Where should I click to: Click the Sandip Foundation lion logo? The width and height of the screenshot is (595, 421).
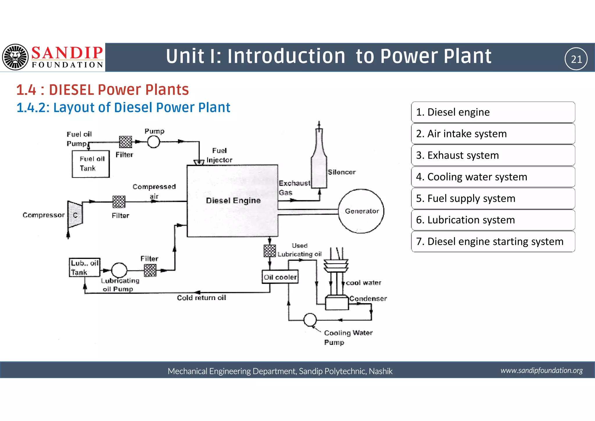[x=15, y=57]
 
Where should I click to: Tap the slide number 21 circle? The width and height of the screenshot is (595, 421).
[x=576, y=59]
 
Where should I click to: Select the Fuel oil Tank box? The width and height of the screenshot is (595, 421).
[x=91, y=164]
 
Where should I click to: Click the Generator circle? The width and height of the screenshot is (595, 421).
[x=361, y=211]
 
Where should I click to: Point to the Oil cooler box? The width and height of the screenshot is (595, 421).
[x=280, y=277]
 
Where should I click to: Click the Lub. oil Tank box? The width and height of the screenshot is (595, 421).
[x=84, y=267]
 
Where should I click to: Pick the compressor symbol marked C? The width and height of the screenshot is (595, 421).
[x=75, y=215]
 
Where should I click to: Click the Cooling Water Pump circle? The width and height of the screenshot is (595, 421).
[x=310, y=320]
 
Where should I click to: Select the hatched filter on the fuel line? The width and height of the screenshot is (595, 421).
[x=126, y=142]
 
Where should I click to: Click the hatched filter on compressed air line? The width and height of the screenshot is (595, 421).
[x=119, y=201]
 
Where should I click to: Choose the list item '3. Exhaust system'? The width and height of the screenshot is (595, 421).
[x=493, y=155]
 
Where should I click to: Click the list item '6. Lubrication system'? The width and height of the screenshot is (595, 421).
[x=493, y=220]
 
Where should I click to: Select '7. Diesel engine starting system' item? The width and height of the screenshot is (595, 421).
[x=493, y=241]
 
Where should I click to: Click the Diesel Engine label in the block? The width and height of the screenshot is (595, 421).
[x=233, y=200]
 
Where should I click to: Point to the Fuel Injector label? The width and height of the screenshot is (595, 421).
[x=219, y=155]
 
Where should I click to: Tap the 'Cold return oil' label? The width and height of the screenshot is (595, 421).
[x=201, y=298]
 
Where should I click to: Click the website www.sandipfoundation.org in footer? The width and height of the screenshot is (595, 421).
[x=541, y=370]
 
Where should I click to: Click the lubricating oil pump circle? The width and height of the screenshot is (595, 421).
[x=119, y=270]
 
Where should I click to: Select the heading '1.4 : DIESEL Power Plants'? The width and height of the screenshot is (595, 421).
[x=102, y=90]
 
